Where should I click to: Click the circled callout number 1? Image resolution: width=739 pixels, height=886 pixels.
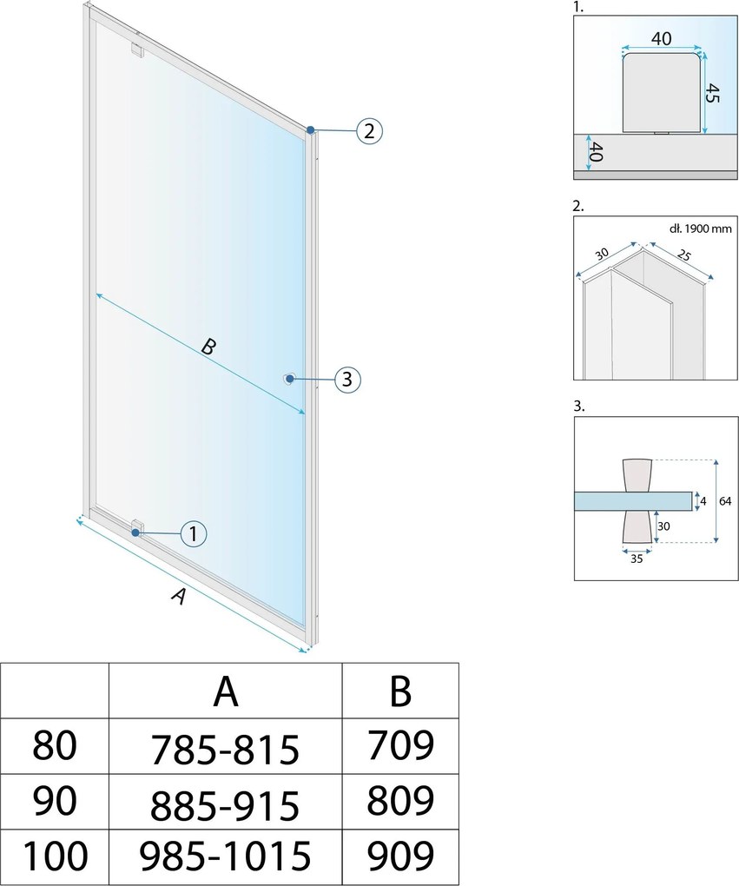point(194,533)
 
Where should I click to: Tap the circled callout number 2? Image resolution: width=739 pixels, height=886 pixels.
point(370,131)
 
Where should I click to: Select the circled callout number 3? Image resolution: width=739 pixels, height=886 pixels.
point(347,379)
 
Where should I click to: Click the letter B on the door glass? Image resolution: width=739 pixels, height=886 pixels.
point(208,346)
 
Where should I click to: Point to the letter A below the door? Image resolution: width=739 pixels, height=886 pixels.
point(179,596)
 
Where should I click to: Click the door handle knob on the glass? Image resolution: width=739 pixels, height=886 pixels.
point(289,379)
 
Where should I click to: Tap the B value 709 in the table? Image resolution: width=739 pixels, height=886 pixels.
point(400,745)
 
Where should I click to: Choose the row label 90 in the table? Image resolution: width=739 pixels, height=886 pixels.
point(54,801)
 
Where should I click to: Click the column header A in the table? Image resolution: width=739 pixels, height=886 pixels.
point(226,691)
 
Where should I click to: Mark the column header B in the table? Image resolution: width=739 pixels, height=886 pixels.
point(400,691)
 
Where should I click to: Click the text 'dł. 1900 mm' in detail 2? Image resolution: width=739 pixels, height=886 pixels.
point(700,228)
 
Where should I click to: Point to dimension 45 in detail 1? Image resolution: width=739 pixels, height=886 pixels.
point(713,93)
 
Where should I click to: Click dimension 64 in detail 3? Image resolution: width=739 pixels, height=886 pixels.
point(725,500)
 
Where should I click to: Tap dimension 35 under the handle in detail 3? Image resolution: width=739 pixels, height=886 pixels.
point(637,559)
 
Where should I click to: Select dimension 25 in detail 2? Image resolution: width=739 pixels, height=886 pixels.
point(683,255)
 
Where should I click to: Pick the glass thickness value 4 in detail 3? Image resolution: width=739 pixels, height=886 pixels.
point(703,500)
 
